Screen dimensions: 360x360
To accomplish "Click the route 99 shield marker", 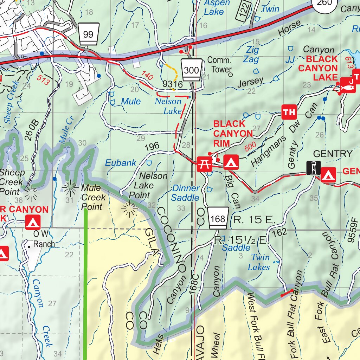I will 89,34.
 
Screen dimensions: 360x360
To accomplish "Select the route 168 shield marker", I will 218,218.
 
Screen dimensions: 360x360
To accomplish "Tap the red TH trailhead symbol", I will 289,112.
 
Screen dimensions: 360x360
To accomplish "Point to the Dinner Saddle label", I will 185,193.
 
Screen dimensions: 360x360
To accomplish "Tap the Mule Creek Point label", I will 93,197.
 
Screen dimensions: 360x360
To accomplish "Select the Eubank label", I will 121,163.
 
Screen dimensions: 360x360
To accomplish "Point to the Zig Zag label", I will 252,54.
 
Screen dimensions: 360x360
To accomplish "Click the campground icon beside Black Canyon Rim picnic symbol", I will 231,162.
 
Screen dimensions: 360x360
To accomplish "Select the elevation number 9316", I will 173,84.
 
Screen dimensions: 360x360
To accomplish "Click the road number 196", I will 152,146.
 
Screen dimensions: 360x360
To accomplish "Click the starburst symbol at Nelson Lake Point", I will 129,209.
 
